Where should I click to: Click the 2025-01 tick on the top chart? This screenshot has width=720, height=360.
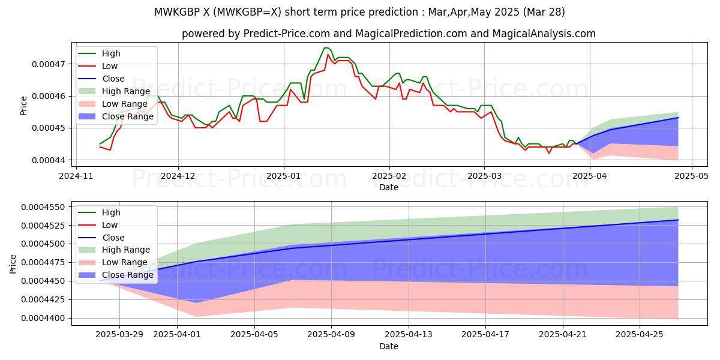pos(284,177)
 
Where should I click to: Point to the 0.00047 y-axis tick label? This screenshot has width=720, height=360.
pos(49,64)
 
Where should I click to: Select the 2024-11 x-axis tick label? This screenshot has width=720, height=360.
pos(76,177)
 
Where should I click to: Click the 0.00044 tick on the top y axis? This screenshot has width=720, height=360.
pos(49,160)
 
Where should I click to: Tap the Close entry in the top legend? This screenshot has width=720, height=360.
pos(113,79)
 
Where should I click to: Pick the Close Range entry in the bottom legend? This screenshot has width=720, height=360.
pos(128,275)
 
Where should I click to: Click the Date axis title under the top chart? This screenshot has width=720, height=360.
pos(388,188)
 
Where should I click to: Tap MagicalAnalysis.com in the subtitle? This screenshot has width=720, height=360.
pos(546,34)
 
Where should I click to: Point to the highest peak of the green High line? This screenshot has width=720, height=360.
pos(326,48)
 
